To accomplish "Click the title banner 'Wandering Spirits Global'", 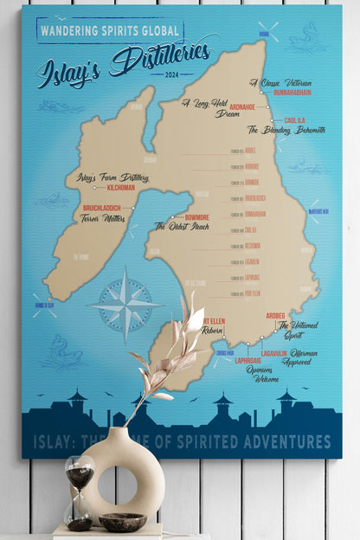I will [x=109, y=30].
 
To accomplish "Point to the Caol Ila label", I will [x=295, y=120].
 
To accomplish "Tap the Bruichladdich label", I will [x=101, y=209].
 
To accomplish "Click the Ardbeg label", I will [x=275, y=315].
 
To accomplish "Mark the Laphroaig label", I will [x=223, y=361].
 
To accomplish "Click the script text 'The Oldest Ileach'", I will [x=183, y=226].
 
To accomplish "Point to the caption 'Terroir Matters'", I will [x=102, y=218].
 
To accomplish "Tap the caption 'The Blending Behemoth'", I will [x=286, y=130].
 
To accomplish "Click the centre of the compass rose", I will [x=126, y=305].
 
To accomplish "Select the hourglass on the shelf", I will [x=80, y=492].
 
